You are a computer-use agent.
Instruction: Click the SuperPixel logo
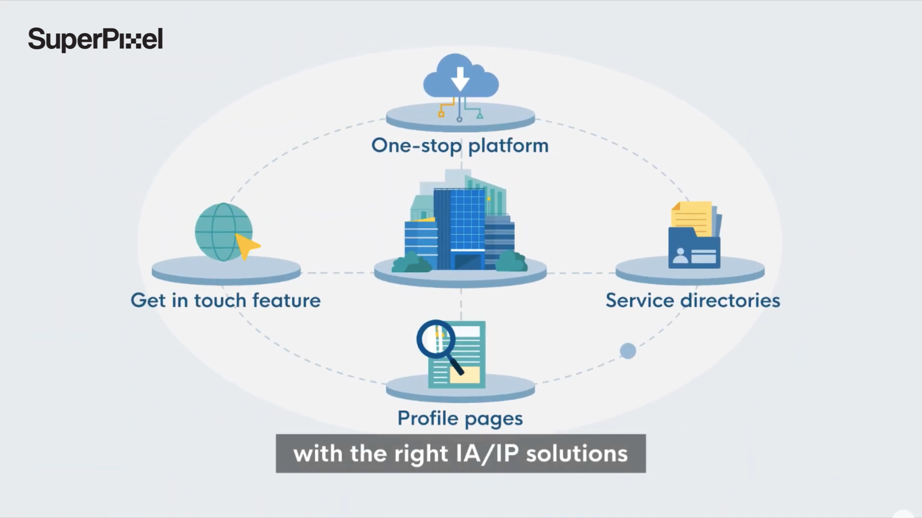95,39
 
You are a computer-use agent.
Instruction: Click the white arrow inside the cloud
460,79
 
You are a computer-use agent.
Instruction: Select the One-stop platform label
460,146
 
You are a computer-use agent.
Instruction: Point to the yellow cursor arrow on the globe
246,246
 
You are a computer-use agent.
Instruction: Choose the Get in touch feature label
226,300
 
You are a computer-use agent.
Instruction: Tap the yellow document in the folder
691,218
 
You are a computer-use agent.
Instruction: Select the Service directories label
693,300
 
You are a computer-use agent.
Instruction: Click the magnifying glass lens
435,340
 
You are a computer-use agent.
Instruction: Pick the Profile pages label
460,419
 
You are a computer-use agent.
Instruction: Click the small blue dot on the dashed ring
628,351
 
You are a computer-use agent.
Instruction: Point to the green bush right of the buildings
511,261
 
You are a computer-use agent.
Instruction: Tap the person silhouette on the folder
680,256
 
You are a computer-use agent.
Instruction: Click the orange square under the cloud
441,114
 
